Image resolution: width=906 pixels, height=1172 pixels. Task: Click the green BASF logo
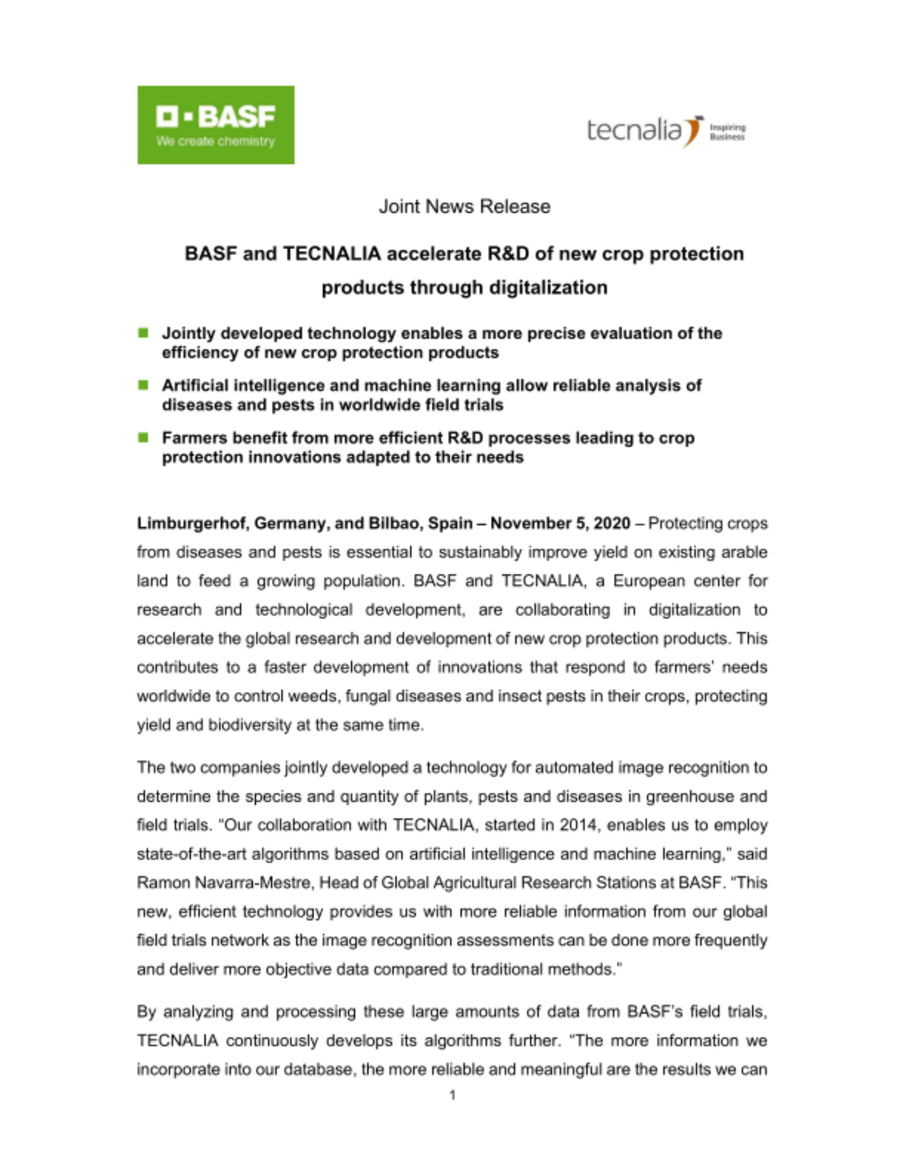(215, 125)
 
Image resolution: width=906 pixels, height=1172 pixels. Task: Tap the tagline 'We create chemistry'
(215, 142)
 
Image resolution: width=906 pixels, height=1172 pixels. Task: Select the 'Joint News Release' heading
(464, 206)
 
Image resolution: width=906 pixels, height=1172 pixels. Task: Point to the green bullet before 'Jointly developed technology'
(143, 333)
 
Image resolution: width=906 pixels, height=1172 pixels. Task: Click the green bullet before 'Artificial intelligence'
(143, 385)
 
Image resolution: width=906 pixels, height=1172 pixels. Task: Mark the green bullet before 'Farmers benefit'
(143, 437)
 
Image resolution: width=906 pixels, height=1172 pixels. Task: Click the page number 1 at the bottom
(452, 1095)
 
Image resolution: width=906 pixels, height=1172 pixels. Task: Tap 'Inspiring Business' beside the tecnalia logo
(727, 132)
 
